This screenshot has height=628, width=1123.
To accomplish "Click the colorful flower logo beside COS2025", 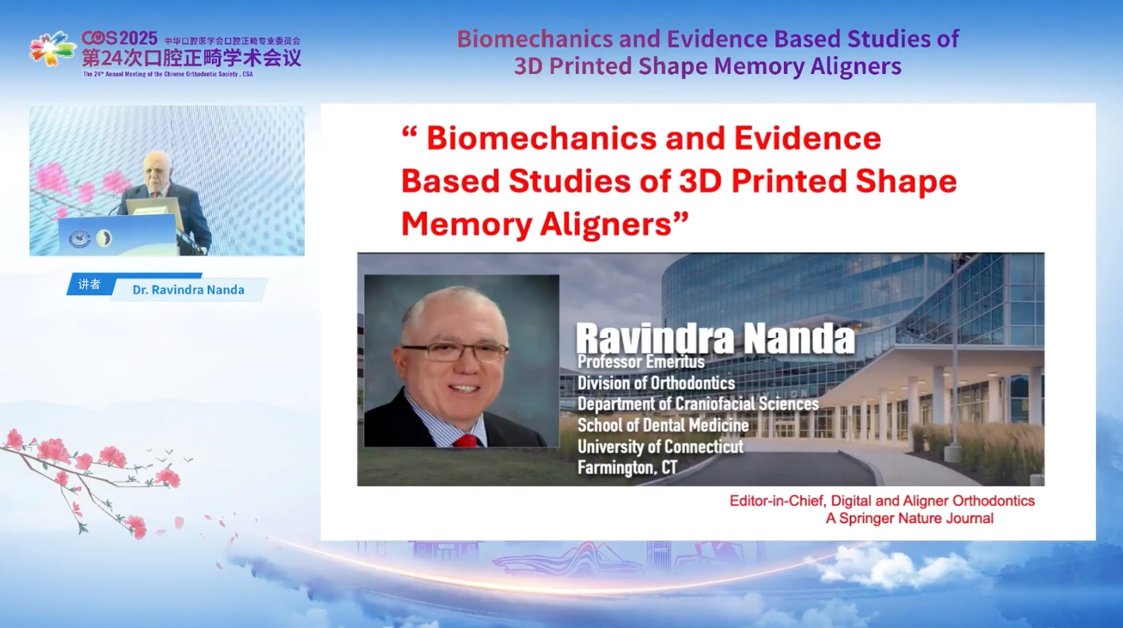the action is (53, 48).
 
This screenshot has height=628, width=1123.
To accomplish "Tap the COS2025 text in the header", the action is (120, 38).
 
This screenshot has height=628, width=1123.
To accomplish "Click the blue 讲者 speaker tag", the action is (89, 285).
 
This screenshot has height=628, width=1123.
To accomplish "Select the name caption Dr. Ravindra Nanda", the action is (189, 290).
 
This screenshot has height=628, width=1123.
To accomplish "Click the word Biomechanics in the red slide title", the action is (542, 138).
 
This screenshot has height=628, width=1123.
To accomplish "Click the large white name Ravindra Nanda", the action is (715, 338).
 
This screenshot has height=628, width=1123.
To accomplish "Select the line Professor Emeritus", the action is (641, 362).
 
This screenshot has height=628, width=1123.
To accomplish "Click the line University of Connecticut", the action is (660, 446).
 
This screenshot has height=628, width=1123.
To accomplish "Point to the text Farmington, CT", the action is (627, 468).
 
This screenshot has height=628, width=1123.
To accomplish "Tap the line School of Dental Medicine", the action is (663, 425).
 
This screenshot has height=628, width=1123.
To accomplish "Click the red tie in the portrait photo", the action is (466, 441).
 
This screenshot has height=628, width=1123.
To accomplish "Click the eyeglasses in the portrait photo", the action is (455, 351).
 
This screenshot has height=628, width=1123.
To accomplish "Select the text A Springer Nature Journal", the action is (909, 518).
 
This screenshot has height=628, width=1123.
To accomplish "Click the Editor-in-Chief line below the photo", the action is (882, 501).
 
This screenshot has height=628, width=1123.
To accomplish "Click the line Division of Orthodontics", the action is (657, 383).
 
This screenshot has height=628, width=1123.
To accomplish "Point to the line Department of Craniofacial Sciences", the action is (698, 404).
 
